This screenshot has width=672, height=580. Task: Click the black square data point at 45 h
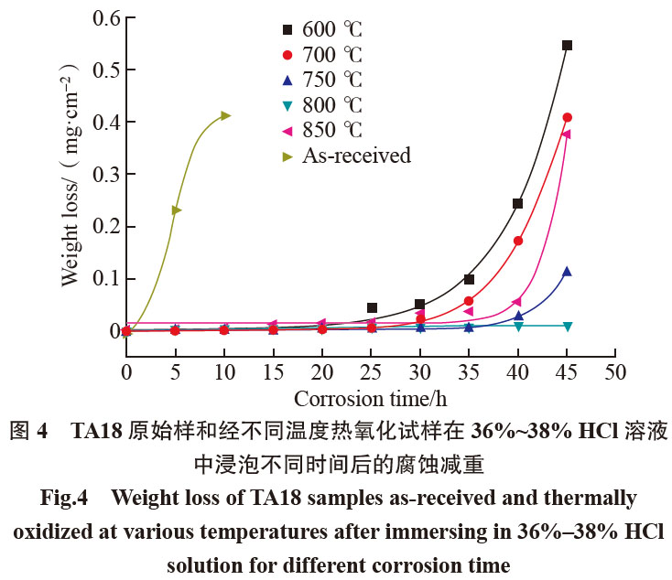(x=567, y=45)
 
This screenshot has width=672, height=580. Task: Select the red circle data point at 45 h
(x=567, y=117)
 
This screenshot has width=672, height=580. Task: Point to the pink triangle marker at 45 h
(x=566, y=134)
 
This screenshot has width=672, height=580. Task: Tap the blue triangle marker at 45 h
(x=567, y=272)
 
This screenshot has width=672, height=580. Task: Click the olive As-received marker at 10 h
(x=225, y=115)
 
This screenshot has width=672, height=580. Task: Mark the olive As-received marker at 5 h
(x=176, y=210)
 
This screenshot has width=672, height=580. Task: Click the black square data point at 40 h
(x=517, y=204)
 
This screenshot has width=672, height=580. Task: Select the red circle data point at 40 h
(x=518, y=241)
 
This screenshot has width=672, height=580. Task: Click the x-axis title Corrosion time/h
(x=370, y=400)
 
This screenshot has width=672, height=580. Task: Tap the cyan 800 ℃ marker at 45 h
(x=567, y=327)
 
